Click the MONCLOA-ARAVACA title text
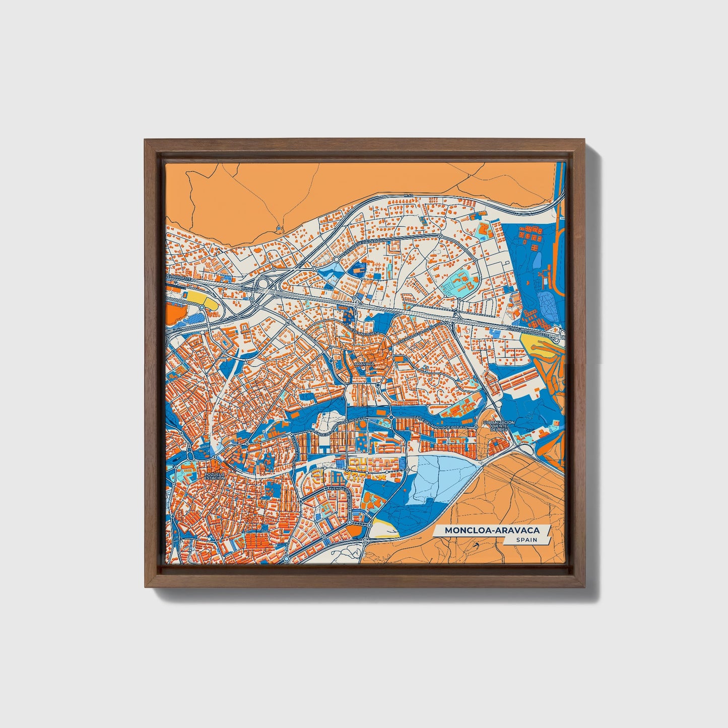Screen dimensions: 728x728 491,530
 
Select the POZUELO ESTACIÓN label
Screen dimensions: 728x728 215,476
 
